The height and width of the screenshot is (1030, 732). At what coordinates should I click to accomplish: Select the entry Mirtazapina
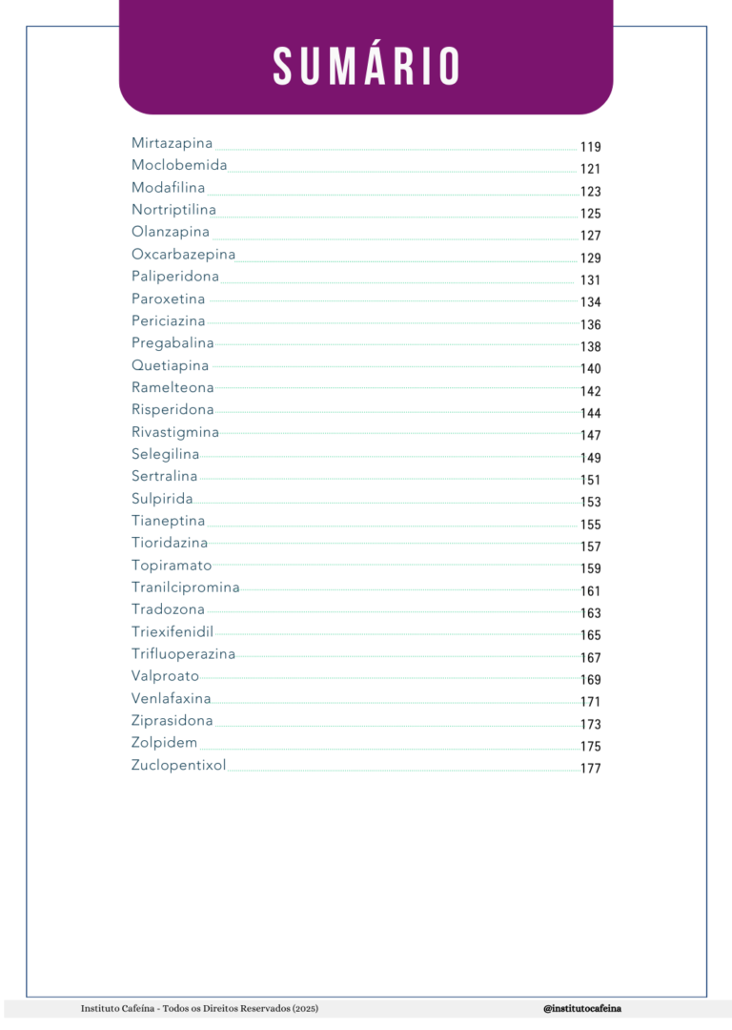(x=172, y=143)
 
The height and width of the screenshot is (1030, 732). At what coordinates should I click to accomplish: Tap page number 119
(x=590, y=147)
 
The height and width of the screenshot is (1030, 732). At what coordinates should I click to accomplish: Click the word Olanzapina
(x=171, y=232)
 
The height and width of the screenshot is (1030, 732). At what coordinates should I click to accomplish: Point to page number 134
(x=590, y=302)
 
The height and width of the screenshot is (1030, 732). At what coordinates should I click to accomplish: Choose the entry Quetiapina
(x=171, y=365)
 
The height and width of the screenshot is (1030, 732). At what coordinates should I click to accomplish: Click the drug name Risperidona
(x=173, y=409)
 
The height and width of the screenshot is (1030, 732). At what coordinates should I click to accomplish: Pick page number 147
(x=590, y=436)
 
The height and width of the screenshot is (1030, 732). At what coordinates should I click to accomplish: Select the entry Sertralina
(x=165, y=476)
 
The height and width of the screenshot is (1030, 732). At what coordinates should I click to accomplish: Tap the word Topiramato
(x=172, y=566)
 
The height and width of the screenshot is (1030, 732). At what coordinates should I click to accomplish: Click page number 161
(x=590, y=591)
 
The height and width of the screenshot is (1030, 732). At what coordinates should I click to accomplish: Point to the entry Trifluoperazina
(x=183, y=654)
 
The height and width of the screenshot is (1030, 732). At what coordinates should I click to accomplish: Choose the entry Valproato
(x=166, y=676)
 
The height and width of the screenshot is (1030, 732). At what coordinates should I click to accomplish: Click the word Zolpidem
(x=165, y=743)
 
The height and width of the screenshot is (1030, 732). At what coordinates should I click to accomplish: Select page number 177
(x=590, y=769)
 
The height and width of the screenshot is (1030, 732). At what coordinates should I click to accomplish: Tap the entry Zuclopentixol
(x=179, y=765)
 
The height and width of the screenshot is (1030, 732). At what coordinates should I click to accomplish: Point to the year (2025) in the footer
(x=305, y=1008)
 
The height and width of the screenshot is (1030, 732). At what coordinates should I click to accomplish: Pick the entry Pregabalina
(x=173, y=342)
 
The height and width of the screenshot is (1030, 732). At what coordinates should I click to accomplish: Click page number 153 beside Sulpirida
(x=590, y=503)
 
